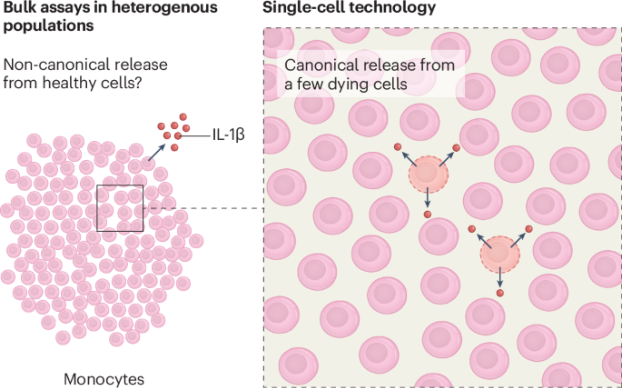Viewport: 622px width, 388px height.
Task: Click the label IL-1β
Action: pos(229,135)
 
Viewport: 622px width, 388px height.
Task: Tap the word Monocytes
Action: pos(104,379)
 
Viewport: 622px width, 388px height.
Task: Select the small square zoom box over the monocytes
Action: pos(120,208)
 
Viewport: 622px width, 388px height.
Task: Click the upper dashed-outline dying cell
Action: pos(428,174)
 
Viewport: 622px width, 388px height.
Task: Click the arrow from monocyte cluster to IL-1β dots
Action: pos(157,153)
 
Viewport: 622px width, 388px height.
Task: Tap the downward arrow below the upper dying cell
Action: pos(428,197)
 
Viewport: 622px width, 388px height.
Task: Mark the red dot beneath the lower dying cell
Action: pos(500,293)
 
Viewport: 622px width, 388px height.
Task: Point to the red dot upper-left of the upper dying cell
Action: pos(397,147)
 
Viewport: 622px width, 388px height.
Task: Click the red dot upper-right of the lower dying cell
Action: pos(529,229)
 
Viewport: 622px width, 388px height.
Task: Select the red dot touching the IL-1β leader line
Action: pos(178,136)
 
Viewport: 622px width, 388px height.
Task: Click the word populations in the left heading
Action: pos(48,26)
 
